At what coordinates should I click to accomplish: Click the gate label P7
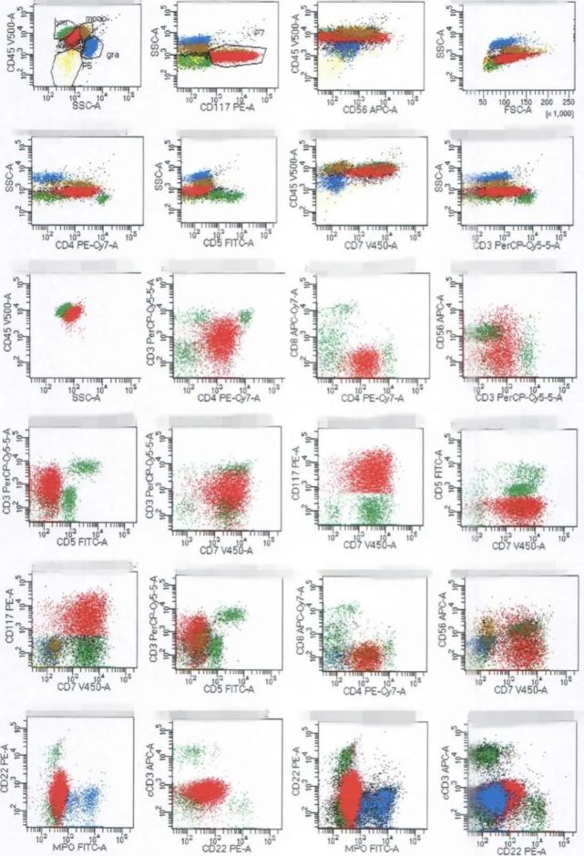tap(260, 33)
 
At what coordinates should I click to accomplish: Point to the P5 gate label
tap(88, 65)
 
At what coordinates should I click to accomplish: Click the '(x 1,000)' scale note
tap(557, 113)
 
